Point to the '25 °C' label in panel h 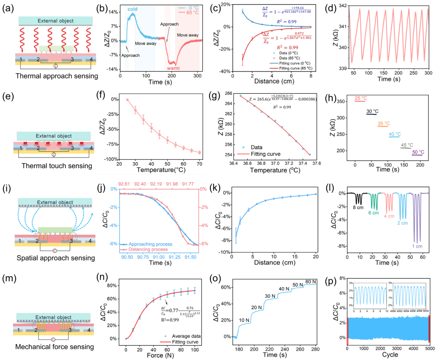361,98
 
